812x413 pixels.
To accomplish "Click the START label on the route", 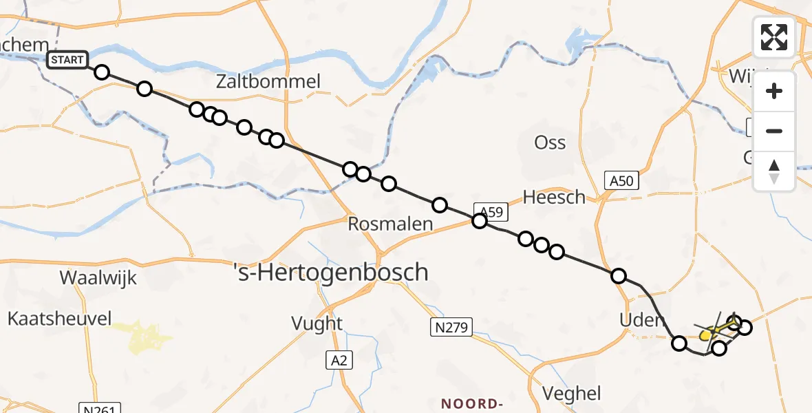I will (67, 60).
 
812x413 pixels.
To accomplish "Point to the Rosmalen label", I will (390, 224).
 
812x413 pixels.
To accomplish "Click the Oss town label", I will (550, 142).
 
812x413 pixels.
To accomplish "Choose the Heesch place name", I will (554, 198).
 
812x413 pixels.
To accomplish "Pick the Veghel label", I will (571, 394).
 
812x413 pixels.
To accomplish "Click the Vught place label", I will (317, 323).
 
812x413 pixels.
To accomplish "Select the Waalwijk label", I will (98, 278).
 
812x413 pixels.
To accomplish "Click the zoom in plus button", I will (774, 92).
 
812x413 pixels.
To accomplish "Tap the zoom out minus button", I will (774, 131).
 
